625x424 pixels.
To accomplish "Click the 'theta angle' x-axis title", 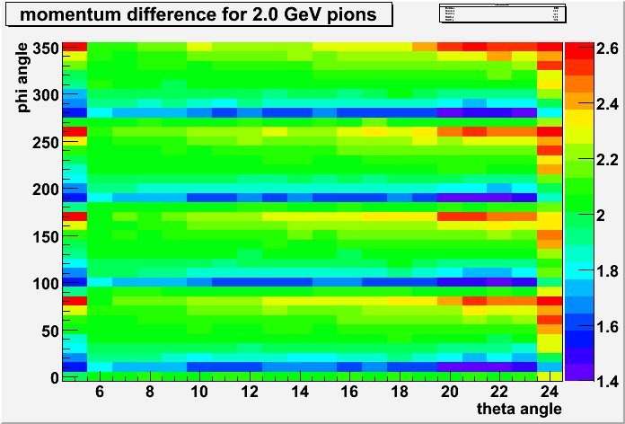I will coord(519,408).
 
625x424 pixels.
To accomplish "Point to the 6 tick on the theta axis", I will coord(99,392).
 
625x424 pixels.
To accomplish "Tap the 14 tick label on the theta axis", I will coord(301,392).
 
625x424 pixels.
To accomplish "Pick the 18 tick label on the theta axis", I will coord(401,392).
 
